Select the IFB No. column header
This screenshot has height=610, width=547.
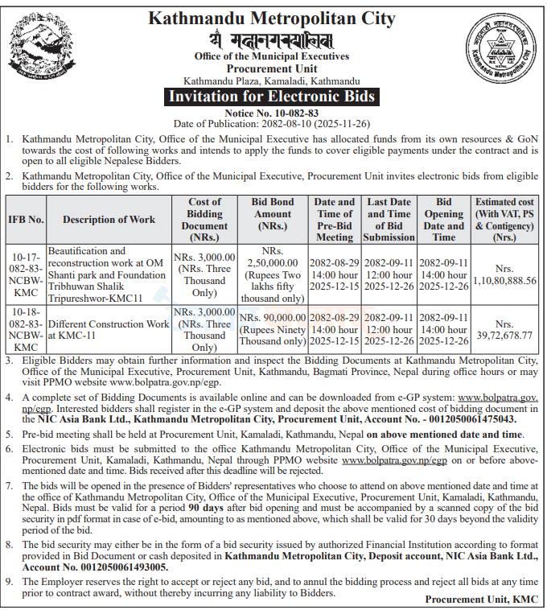(x=25, y=219)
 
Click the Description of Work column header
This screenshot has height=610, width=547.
(x=109, y=219)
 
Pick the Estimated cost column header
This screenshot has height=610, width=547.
(x=504, y=219)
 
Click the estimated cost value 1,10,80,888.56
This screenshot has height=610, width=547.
(x=504, y=280)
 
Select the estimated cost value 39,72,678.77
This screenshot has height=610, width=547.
(x=504, y=335)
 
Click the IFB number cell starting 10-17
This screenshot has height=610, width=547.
(x=25, y=274)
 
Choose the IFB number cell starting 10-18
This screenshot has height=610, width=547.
(x=25, y=329)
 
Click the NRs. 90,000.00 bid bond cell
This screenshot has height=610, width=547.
(x=273, y=330)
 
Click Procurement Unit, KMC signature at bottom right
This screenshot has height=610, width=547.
(x=481, y=600)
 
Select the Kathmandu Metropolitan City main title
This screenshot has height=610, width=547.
(x=272, y=18)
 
